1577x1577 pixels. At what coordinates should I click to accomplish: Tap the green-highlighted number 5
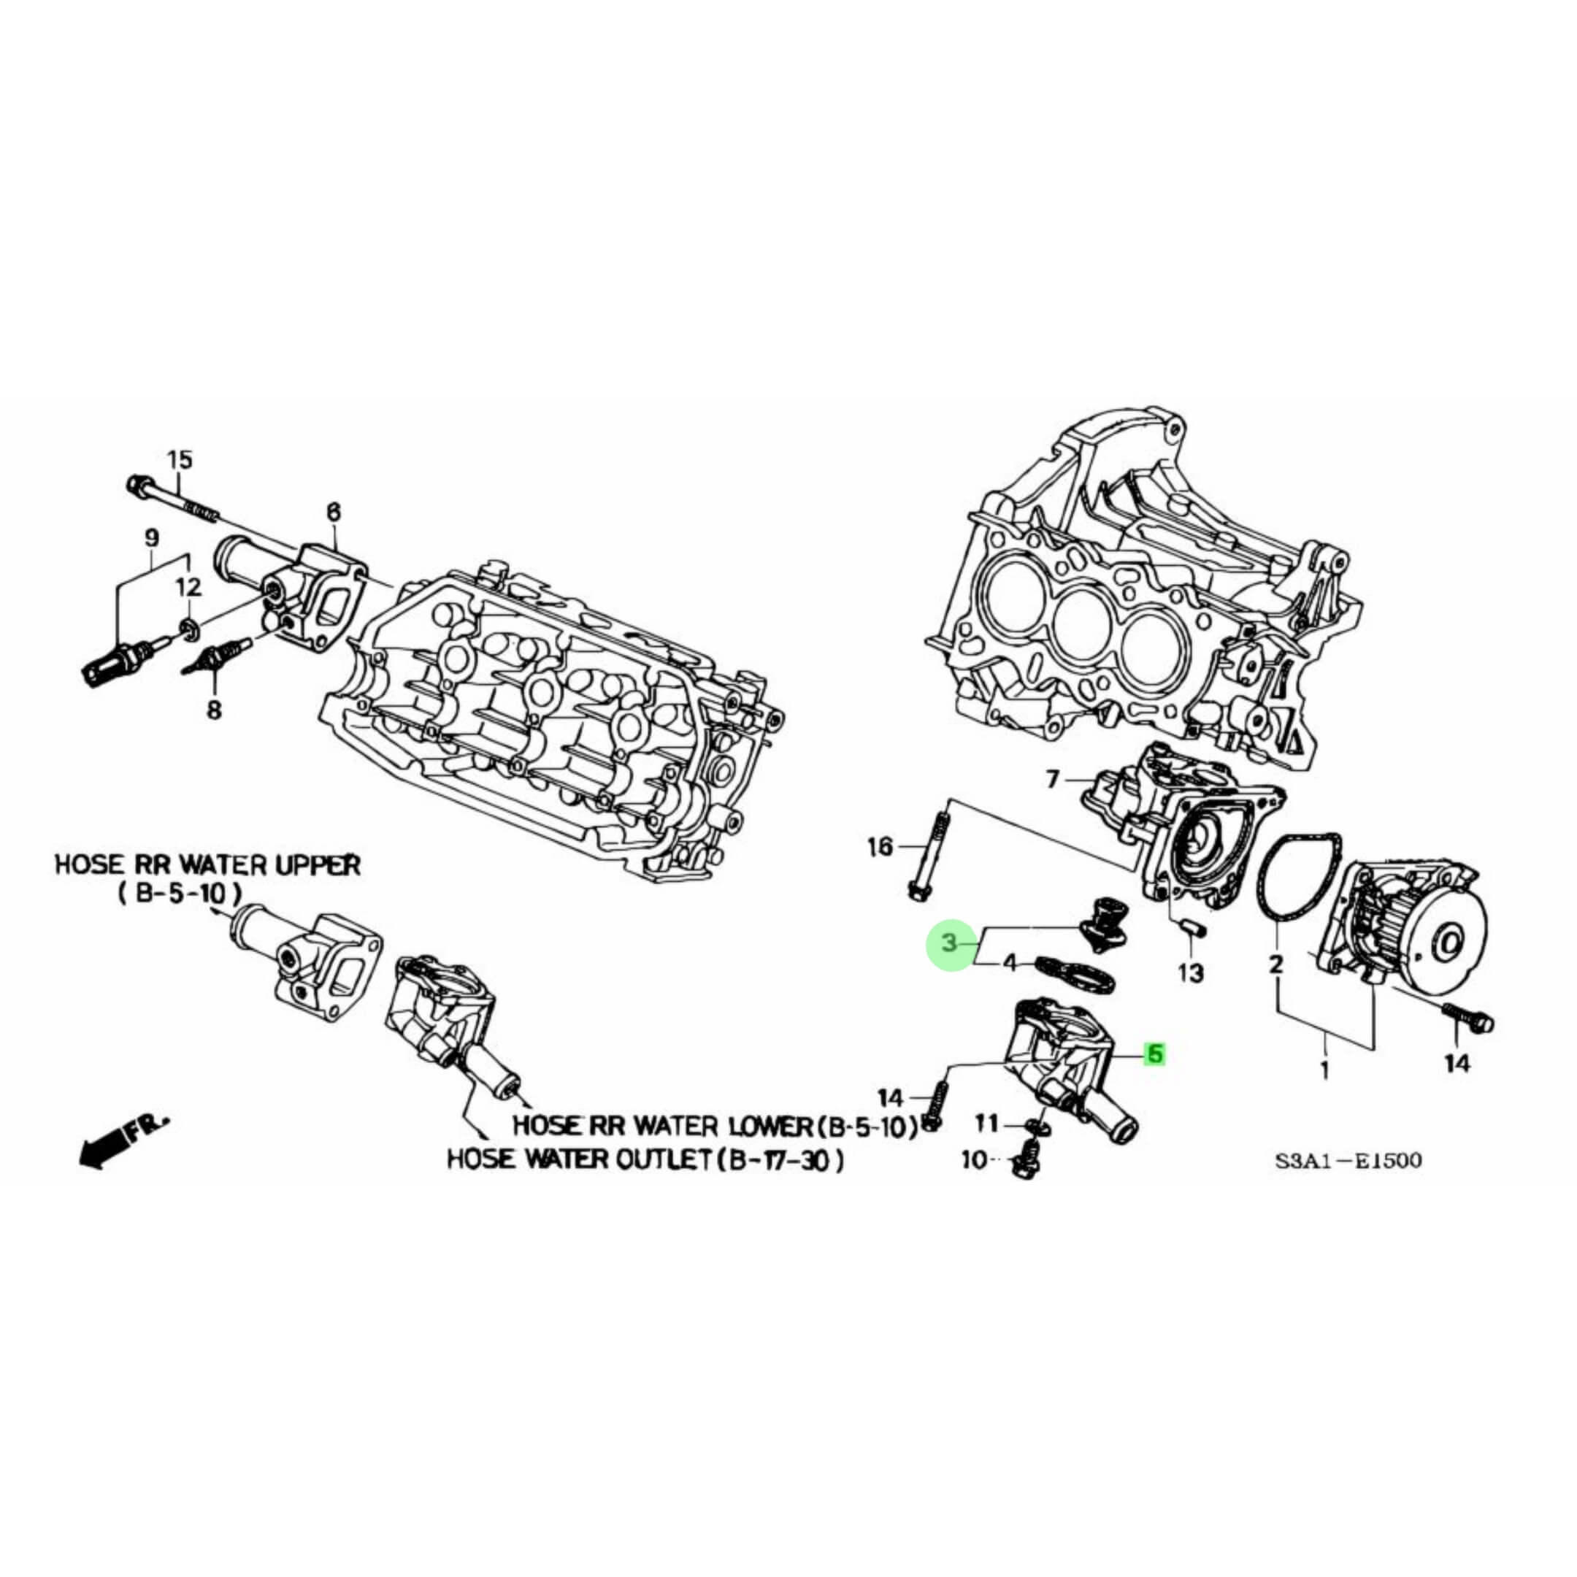coord(1154,1054)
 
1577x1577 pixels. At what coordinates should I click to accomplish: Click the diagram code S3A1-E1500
coord(1348,1160)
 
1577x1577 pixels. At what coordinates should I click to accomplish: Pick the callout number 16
coord(880,847)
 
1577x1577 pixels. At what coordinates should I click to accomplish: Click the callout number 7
coord(1052,780)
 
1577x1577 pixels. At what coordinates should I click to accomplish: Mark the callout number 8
coord(214,710)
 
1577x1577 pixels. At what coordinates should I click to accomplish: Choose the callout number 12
coord(188,587)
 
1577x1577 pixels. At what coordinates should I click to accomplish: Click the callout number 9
coord(152,538)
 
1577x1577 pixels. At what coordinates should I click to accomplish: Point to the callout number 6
coord(333,512)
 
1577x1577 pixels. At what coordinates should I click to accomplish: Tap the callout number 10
coord(974,1160)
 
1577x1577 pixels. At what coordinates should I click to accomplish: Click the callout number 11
coord(987,1124)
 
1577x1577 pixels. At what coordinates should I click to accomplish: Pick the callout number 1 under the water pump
coord(1324,1070)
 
